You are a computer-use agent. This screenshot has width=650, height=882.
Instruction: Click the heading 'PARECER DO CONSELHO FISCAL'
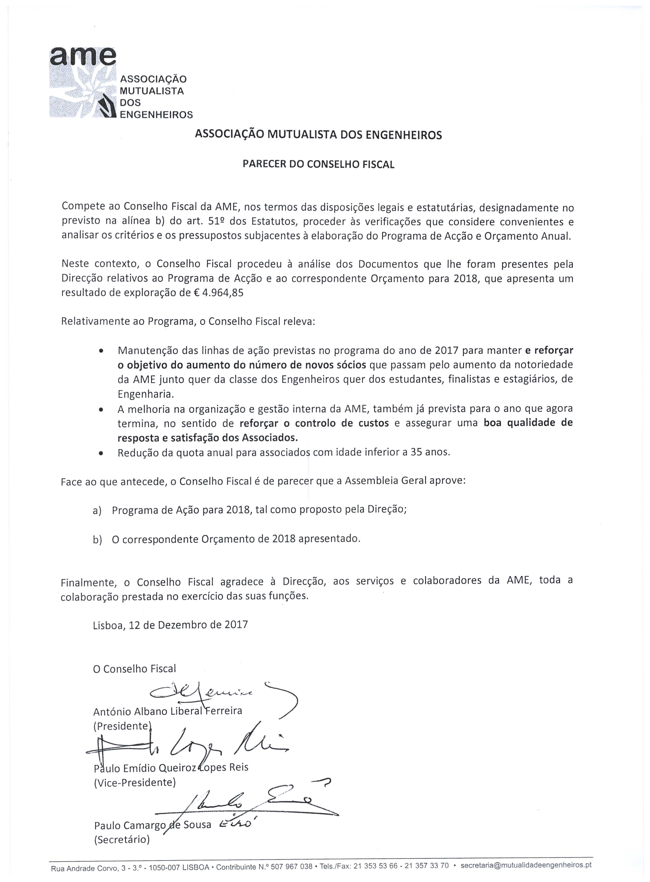pos(318,165)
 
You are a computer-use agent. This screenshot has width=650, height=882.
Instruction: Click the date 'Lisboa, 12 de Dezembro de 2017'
pos(170,625)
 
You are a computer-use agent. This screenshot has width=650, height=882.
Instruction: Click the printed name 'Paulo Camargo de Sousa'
pos(153,825)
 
